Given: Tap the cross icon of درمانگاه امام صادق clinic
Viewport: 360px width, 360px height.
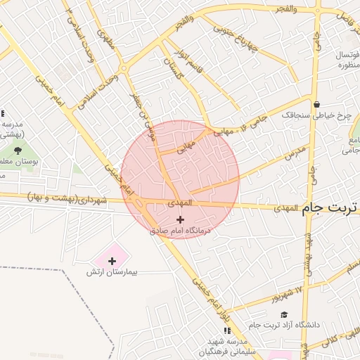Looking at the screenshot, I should tap(180, 219).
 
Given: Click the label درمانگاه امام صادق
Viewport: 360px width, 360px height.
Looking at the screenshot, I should tap(180, 230).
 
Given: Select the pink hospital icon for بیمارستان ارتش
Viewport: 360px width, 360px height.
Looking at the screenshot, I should tap(112, 261).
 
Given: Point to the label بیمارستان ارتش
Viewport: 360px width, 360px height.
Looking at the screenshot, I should tap(112, 271).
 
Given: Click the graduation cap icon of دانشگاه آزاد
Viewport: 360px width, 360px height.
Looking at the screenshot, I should tap(284, 314).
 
